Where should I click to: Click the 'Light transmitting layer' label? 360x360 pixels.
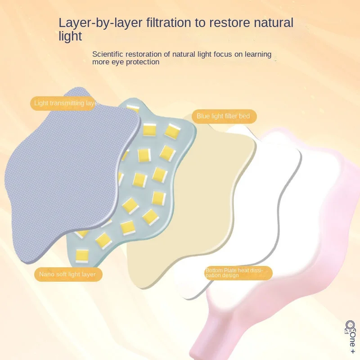tap(66, 103)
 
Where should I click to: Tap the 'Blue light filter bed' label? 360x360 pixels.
tap(223, 116)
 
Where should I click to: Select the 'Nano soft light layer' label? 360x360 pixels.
tap(67, 274)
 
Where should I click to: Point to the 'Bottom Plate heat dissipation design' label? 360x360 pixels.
tap(238, 273)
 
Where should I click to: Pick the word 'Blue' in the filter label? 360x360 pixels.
tap(203, 116)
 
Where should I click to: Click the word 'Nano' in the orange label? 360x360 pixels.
tap(46, 274)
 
